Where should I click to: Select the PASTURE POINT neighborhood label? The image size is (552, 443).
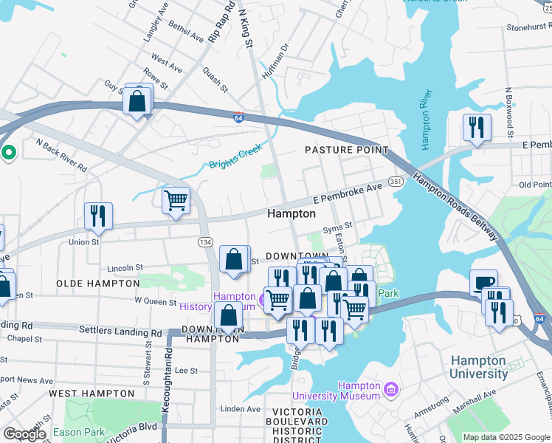pos(347,150)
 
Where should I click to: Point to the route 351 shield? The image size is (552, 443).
pos(396,182)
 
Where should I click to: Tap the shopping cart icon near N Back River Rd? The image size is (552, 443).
pos(176,200)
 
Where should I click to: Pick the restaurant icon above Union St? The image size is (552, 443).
pos(98,216)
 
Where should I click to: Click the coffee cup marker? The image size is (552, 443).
pos(484,284)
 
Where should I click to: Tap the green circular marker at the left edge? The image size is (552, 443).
pos(9,153)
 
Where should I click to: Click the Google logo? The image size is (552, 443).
pos(24,434)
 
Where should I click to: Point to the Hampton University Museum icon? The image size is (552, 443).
pos(392,389)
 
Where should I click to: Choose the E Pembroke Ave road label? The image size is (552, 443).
pos(347,194)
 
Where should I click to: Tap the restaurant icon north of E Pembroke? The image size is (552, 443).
pos(477,128)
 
